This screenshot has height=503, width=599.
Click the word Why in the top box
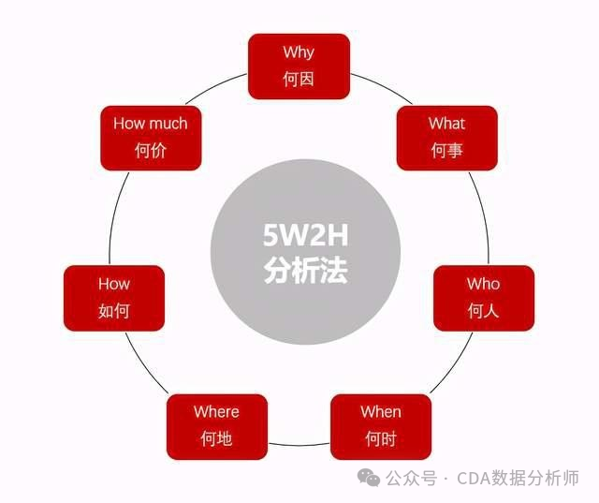click(x=299, y=52)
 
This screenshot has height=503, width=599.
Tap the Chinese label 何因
click(x=299, y=79)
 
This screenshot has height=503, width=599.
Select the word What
click(x=446, y=124)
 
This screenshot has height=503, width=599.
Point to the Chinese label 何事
click(x=446, y=150)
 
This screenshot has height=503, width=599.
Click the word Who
click(x=483, y=284)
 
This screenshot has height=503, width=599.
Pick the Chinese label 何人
click(x=483, y=310)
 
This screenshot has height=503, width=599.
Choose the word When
click(x=381, y=412)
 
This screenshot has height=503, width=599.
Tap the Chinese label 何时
click(x=381, y=438)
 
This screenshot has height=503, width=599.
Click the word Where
click(x=216, y=412)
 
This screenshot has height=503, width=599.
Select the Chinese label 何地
click(x=216, y=438)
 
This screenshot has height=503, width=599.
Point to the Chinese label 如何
click(x=114, y=310)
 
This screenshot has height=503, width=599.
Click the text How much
click(x=150, y=124)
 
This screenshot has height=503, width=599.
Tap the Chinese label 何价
click(x=150, y=150)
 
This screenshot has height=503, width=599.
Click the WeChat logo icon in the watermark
click(x=372, y=479)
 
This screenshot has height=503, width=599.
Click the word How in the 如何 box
click(x=114, y=284)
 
